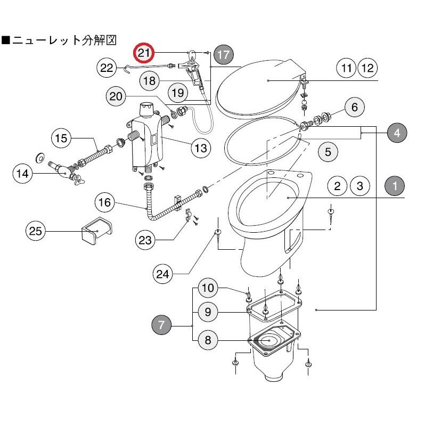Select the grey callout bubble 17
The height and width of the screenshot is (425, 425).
(224, 54)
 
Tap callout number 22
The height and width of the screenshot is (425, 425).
(108, 68)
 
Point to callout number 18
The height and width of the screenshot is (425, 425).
(150, 80)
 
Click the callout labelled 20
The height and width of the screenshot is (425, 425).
(117, 96)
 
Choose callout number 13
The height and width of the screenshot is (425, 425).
(200, 148)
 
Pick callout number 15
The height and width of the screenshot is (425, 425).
(62, 138)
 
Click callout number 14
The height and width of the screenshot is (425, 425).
(23, 173)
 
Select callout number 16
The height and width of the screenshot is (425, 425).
(105, 202)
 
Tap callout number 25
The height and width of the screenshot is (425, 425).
(36, 231)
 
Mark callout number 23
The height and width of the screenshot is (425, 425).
(145, 240)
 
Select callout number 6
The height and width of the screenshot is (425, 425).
(354, 107)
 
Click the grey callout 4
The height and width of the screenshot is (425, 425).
(397, 133)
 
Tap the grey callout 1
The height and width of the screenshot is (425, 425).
(395, 186)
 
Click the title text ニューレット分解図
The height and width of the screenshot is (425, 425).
(64, 40)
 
